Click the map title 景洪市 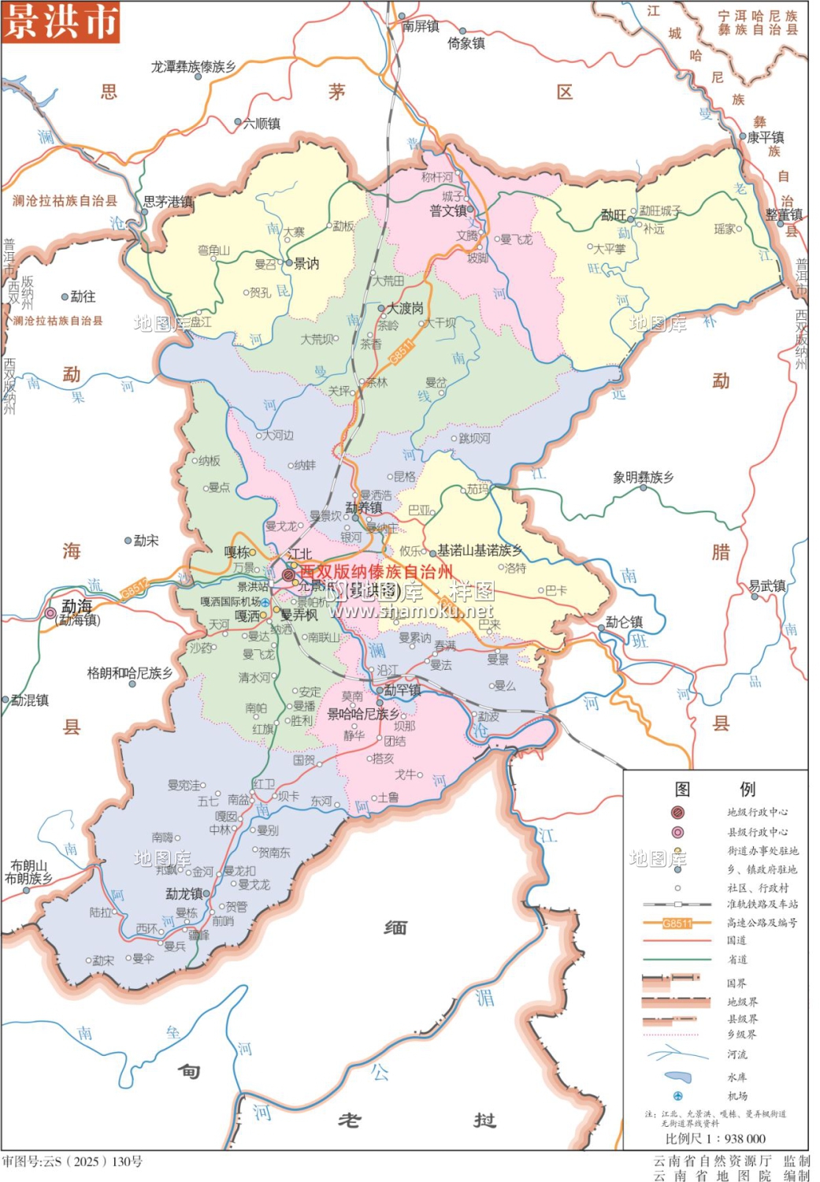(x=61, y=21)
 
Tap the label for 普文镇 (x=447, y=211)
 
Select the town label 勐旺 (x=613, y=215)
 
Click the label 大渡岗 (x=405, y=308)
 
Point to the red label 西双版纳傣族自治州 (x=376, y=572)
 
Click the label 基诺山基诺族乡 (x=480, y=550)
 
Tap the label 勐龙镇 (x=184, y=894)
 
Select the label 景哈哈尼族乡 (x=363, y=714)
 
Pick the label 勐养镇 (x=363, y=508)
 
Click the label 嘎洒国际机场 (x=230, y=601)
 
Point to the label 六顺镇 (x=262, y=123)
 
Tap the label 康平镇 (x=765, y=137)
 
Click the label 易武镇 (x=766, y=585)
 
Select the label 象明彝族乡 (x=643, y=477)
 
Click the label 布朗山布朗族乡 (x=29, y=872)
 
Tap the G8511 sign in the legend (x=677, y=923)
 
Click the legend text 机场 (x=737, y=1096)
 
